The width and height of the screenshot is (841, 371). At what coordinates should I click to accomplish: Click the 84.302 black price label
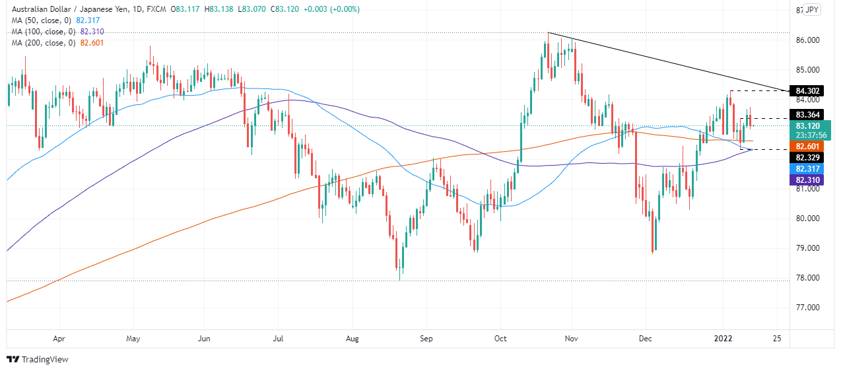click(x=808, y=90)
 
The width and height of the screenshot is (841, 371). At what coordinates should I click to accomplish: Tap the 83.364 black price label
click(x=808, y=114)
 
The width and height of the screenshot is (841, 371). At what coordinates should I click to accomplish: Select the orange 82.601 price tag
click(x=808, y=146)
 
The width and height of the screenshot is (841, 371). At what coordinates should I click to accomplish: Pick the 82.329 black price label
click(x=808, y=157)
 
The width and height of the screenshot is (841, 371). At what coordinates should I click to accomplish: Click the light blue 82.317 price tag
click(x=808, y=168)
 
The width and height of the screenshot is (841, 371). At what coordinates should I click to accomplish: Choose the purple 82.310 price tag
click(x=808, y=180)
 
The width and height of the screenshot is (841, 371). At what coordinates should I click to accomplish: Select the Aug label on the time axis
click(x=352, y=339)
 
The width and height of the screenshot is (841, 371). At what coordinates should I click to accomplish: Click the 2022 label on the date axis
click(x=724, y=339)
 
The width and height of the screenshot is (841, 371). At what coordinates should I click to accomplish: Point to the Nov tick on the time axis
click(x=572, y=339)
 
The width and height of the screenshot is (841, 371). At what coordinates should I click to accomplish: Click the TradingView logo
click(x=38, y=360)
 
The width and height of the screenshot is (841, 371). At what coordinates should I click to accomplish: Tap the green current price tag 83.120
click(x=808, y=125)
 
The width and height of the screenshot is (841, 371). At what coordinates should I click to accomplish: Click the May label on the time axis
click(x=133, y=339)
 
